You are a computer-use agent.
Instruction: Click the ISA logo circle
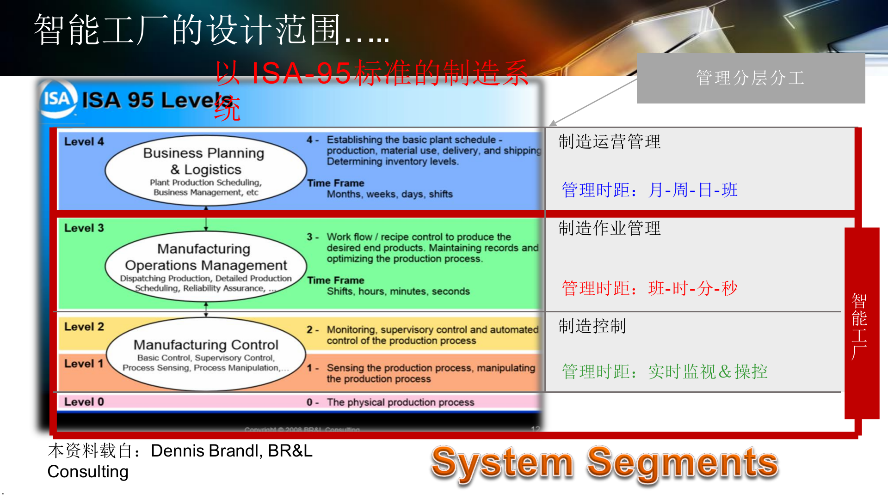coord(57,98)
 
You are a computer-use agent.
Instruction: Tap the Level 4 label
coord(84,142)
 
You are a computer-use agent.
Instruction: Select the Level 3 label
coord(84,228)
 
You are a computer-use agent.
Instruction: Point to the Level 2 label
coord(84,327)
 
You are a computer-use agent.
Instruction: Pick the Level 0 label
coord(84,402)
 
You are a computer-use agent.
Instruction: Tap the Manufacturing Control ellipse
coord(205,354)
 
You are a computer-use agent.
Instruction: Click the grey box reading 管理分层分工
coord(750,78)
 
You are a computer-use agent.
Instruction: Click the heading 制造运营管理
coord(609,142)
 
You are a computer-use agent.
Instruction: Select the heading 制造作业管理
coord(609,228)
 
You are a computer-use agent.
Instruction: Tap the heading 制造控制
coord(592,326)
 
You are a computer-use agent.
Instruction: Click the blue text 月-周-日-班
coord(692,190)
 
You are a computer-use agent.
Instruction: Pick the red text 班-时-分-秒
coord(692,288)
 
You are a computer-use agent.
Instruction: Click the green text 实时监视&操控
coord(707,372)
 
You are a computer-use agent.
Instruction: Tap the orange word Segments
coord(682,463)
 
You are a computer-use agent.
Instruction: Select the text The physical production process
coord(400,402)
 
